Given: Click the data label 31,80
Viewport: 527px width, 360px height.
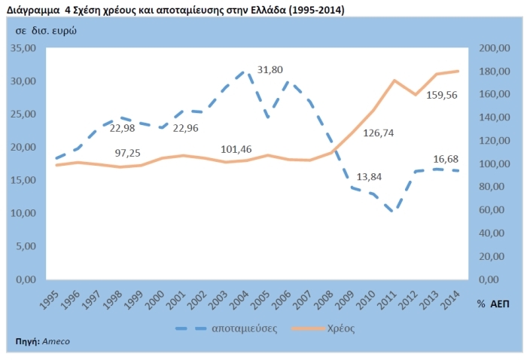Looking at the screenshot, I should point(270,70).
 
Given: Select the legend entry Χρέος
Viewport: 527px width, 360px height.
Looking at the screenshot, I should point(341,328).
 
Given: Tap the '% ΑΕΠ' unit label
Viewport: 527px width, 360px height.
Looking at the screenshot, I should point(493,303).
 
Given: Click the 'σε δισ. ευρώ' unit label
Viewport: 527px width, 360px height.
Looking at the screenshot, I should point(45,30).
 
